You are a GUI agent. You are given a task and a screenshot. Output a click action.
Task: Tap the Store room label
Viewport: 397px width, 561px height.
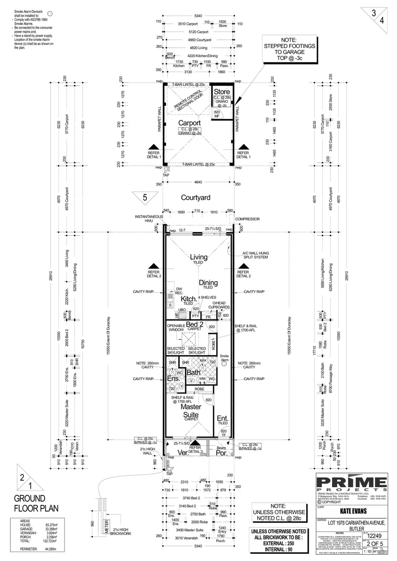tap(222, 92)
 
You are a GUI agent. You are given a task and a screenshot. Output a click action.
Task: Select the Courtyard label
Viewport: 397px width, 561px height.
tap(195, 198)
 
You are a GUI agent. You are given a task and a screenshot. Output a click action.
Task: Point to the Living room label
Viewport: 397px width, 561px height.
tap(198, 257)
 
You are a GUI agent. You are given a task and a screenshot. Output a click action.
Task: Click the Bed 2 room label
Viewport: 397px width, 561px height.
tap(194, 324)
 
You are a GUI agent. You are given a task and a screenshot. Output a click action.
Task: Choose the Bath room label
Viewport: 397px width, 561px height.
tap(194, 372)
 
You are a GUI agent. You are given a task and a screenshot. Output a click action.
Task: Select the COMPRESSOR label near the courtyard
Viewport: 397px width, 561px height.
tap(247, 219)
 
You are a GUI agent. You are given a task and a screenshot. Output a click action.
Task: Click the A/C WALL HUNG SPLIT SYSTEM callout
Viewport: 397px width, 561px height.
tap(255, 256)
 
